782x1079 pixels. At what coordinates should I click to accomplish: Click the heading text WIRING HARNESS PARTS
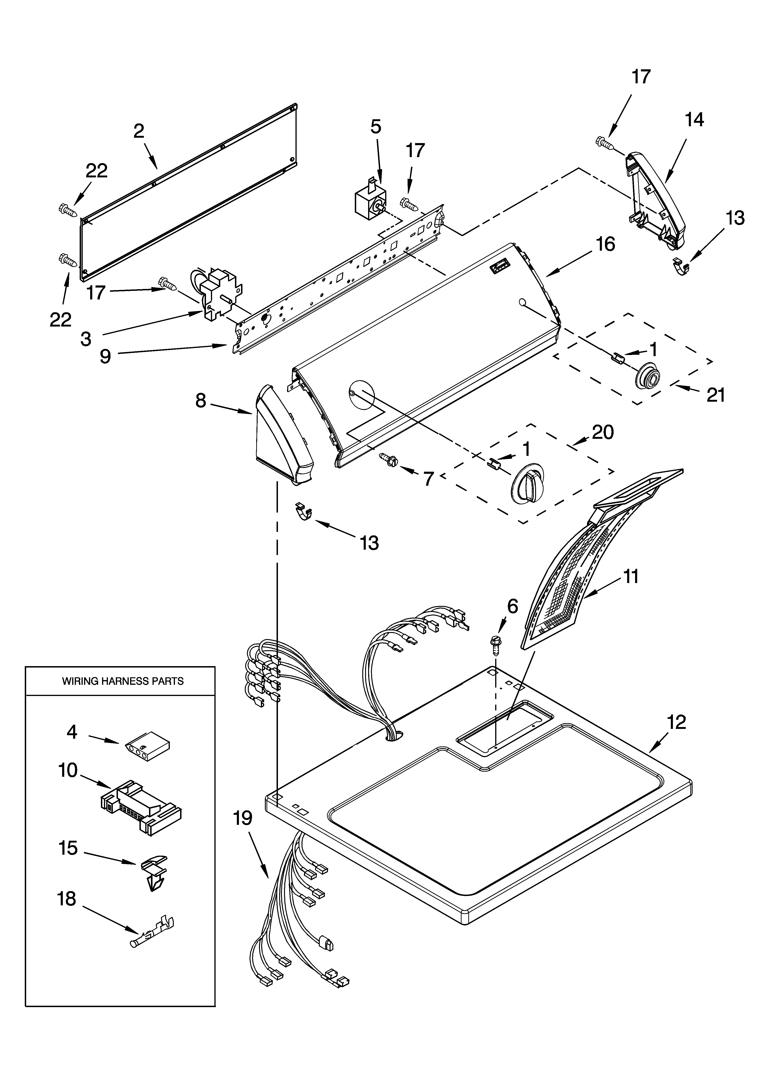pos(123,681)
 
